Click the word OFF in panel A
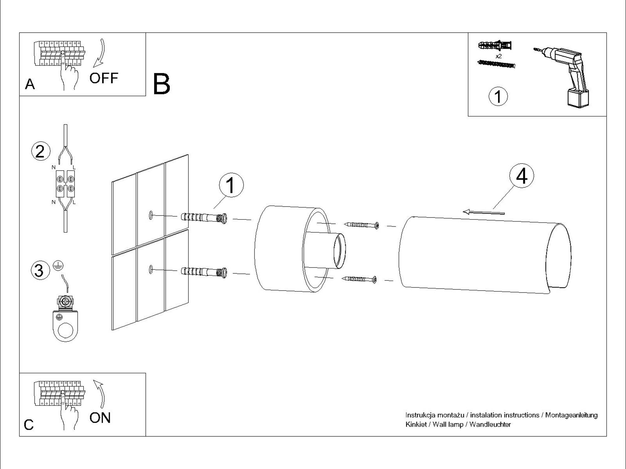click(104, 78)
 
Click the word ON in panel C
click(100, 418)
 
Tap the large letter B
click(162, 84)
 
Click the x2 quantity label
click(499, 57)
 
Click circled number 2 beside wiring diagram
click(41, 151)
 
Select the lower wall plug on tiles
click(204, 271)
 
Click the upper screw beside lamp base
click(362, 225)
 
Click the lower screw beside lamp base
click(360, 279)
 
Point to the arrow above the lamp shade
click(484, 213)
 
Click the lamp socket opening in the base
click(340, 251)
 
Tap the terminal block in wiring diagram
click(65, 184)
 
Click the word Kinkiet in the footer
click(416, 425)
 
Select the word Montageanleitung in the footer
click(571, 415)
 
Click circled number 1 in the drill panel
click(498, 96)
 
